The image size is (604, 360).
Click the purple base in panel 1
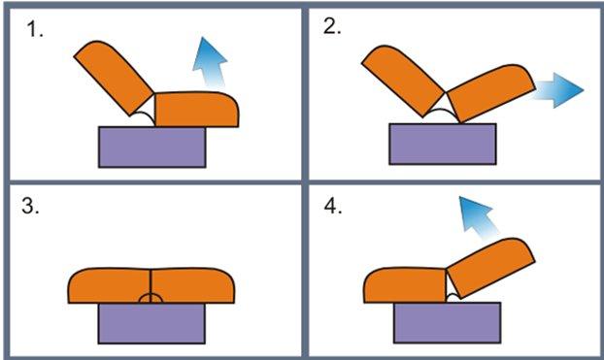151,146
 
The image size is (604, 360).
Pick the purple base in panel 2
442,143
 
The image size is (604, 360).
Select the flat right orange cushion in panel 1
197,109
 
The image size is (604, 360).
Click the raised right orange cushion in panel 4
489,268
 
